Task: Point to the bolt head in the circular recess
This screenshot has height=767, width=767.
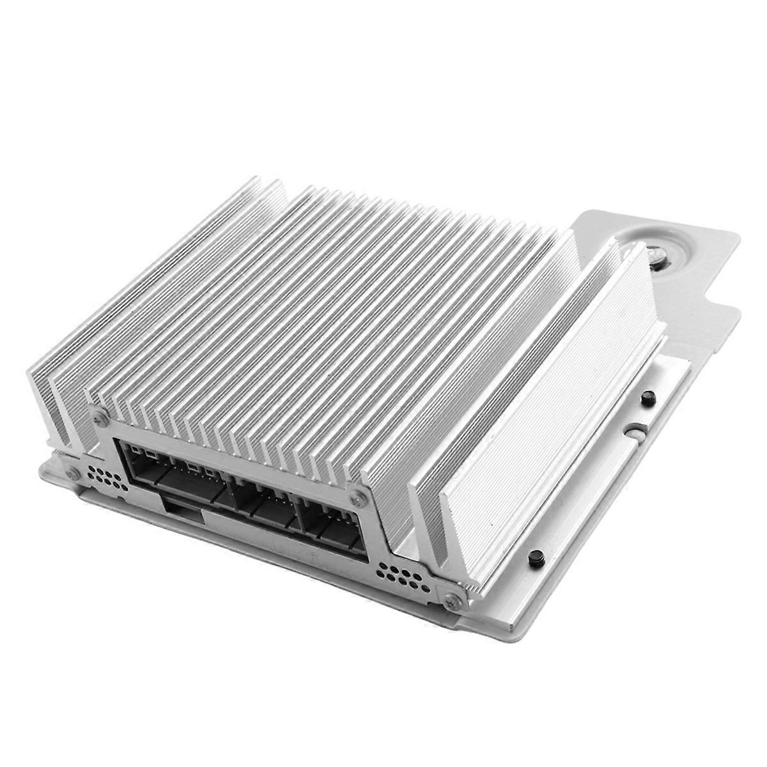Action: coord(656,254)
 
